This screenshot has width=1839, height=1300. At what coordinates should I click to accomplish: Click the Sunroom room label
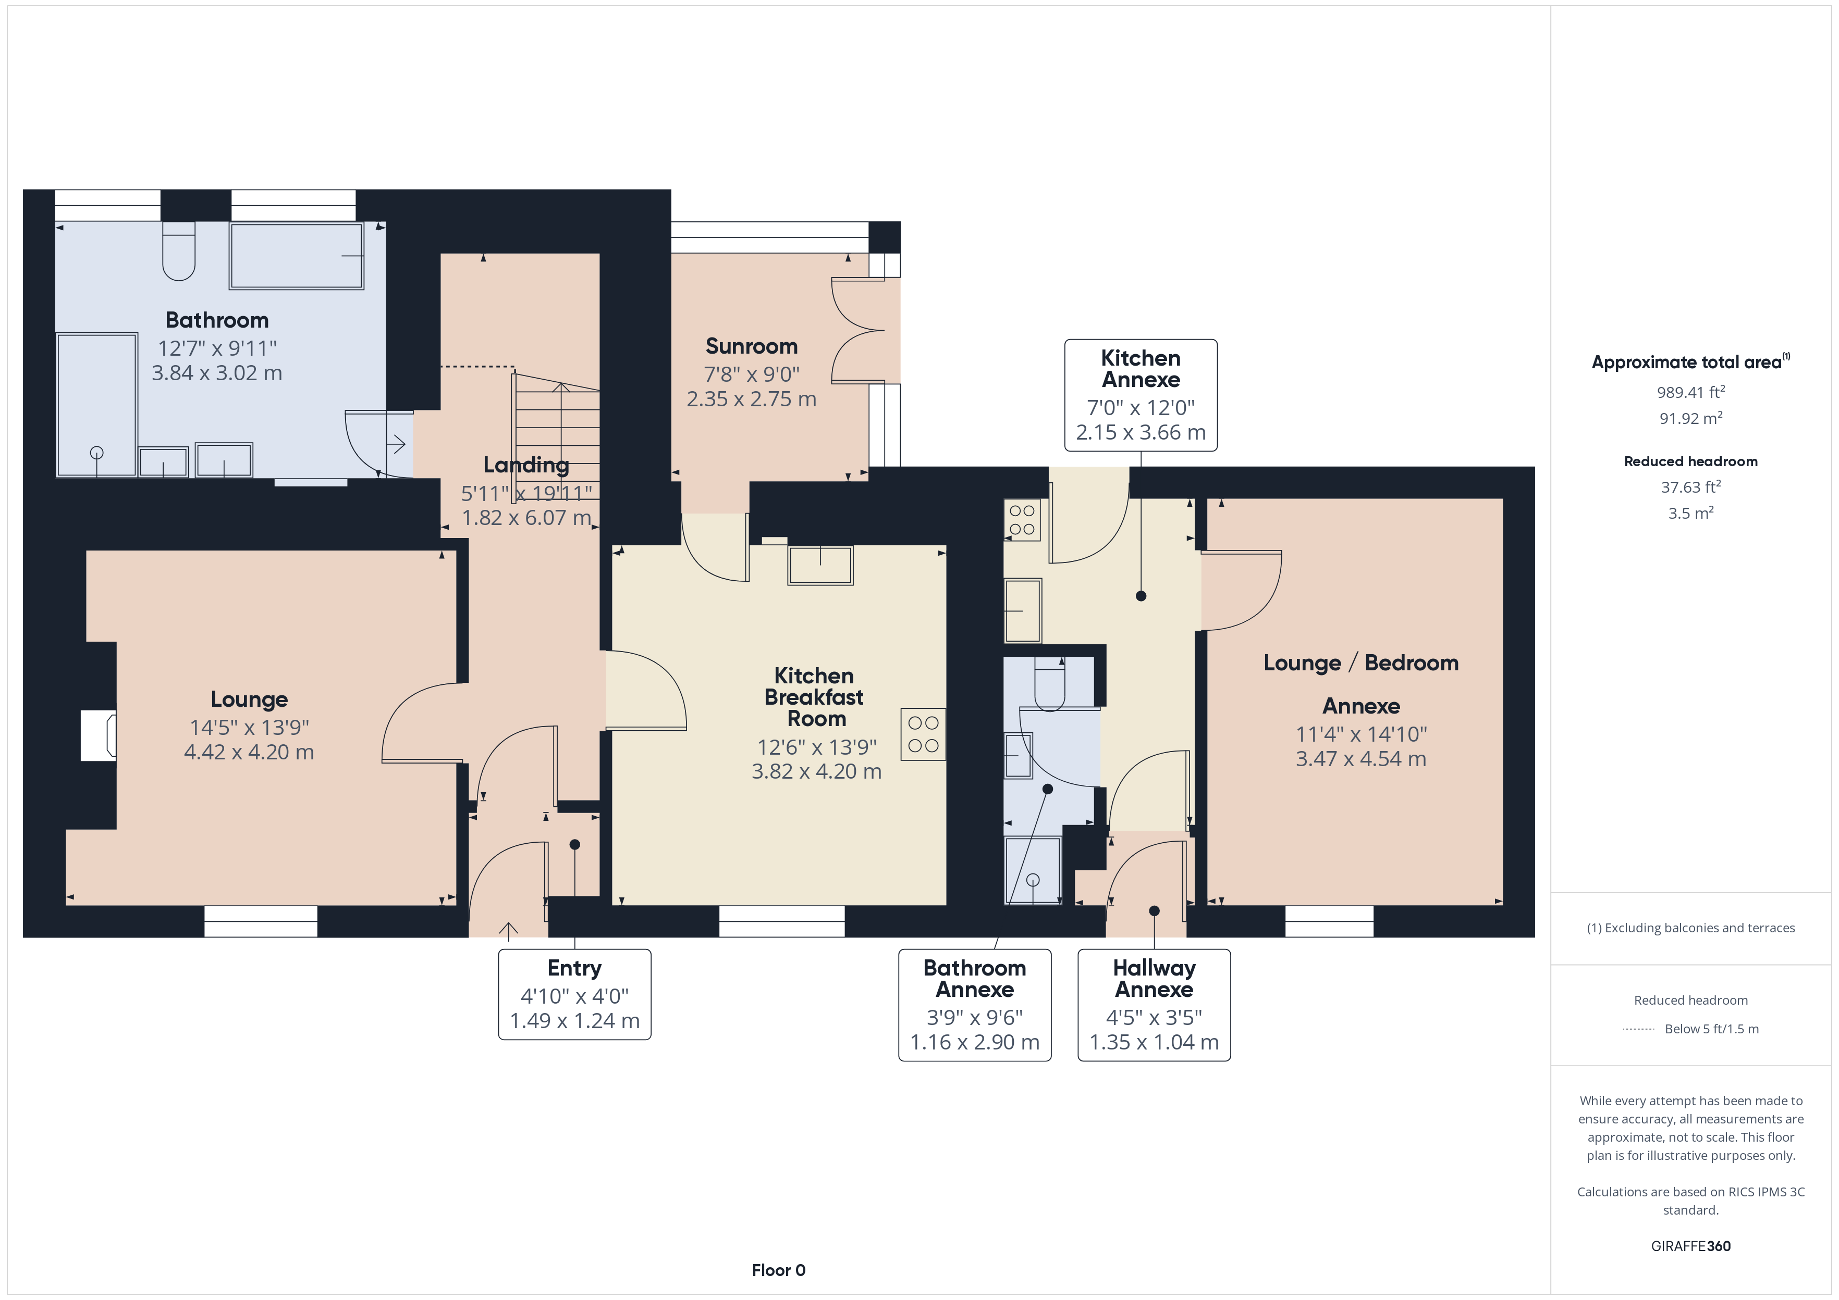(x=751, y=346)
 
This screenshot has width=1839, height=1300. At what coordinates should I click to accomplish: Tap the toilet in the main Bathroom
(x=179, y=252)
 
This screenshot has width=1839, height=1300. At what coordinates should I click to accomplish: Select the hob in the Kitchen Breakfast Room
(x=923, y=734)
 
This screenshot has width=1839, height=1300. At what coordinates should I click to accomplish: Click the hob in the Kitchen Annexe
(x=1022, y=519)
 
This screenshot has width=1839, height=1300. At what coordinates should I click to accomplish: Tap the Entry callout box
(x=574, y=994)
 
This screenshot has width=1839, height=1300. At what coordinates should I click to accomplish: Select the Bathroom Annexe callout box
(x=975, y=1005)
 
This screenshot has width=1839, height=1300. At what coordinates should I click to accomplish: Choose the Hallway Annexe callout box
(x=1154, y=1005)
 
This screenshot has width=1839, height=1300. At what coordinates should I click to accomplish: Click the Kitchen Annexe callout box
(x=1141, y=395)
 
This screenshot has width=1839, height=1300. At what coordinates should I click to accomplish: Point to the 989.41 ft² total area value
(x=1691, y=392)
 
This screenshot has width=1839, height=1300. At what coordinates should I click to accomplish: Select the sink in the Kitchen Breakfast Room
(x=820, y=565)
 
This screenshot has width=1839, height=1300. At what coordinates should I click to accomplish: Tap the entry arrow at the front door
(x=509, y=929)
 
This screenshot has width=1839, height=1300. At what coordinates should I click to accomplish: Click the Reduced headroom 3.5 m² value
(x=1691, y=513)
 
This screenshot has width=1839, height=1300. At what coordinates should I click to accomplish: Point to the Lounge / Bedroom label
(x=1361, y=663)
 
